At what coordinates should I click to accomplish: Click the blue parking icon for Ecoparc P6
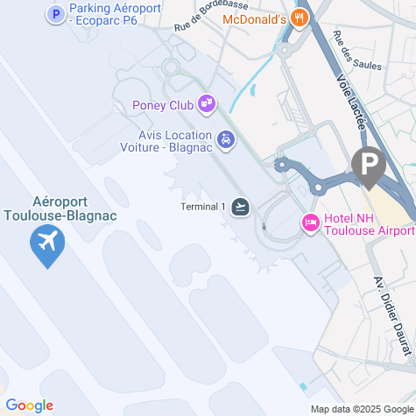pos(56,14)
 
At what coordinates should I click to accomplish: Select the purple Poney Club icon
pos(207,105)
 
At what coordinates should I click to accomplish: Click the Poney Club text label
pos(163,106)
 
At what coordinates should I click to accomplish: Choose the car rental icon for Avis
pos(226,140)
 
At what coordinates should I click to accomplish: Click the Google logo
pos(29,405)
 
